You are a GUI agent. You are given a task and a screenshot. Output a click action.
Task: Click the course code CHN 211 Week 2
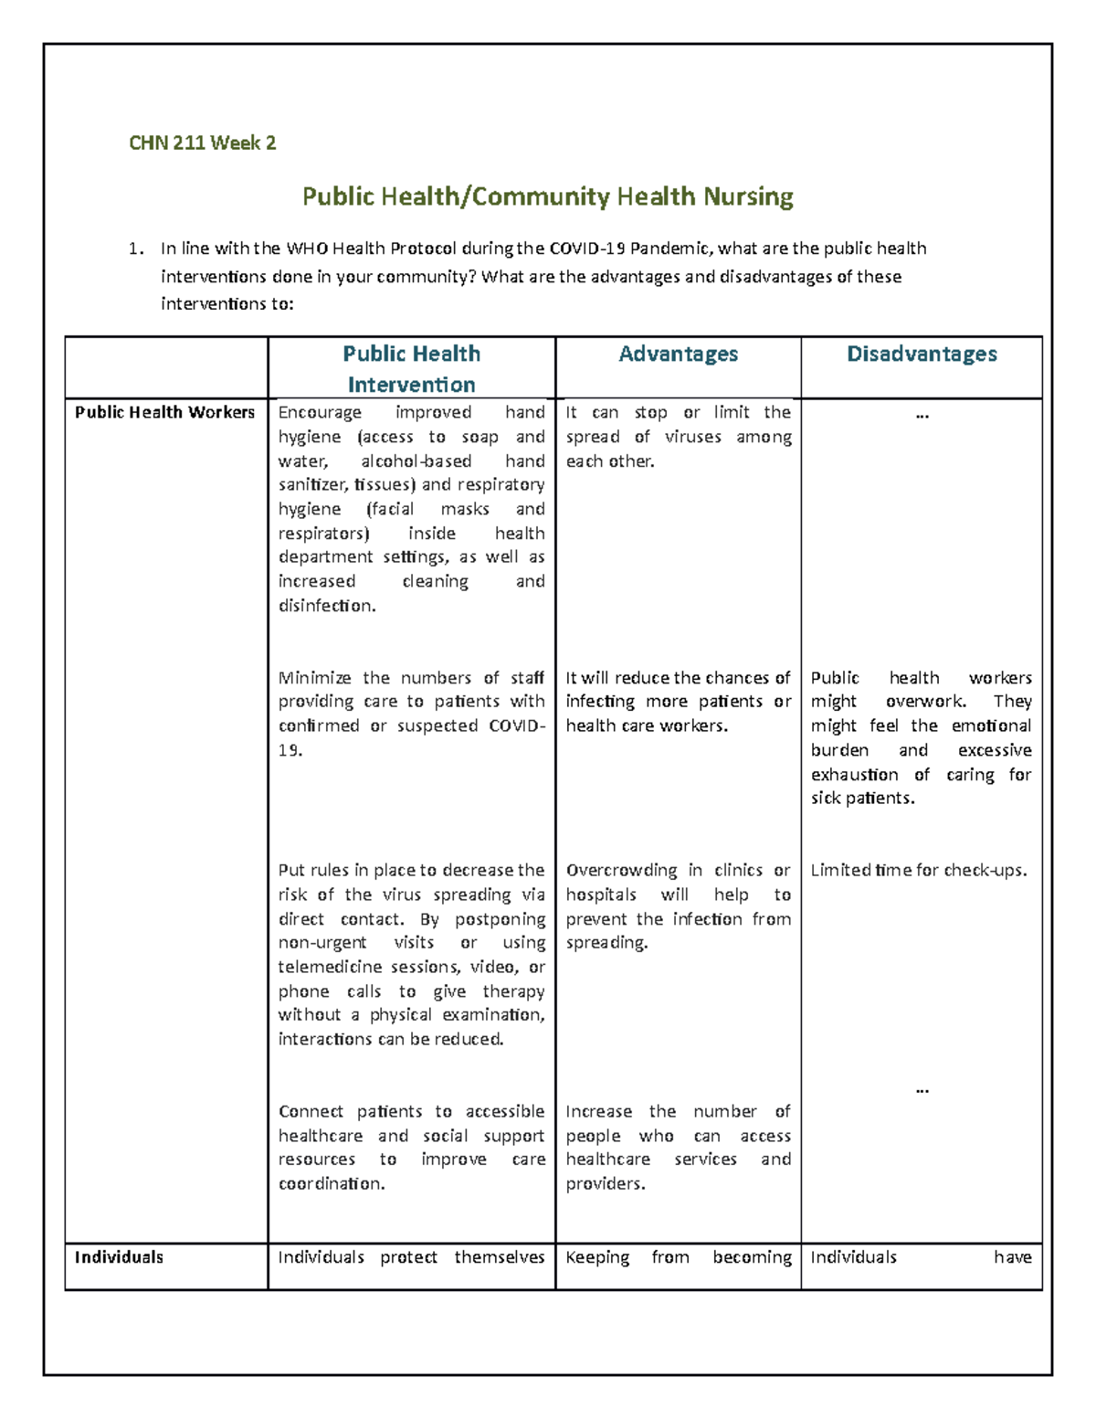pyautogui.click(x=202, y=143)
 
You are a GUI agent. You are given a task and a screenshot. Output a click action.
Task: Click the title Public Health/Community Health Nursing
pyautogui.click(x=548, y=196)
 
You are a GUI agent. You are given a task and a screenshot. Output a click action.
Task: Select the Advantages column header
pyautogui.click(x=678, y=355)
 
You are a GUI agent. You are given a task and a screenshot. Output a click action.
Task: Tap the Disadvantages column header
pyautogui.click(x=922, y=355)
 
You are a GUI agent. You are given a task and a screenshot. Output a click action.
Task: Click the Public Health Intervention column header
pyautogui.click(x=411, y=368)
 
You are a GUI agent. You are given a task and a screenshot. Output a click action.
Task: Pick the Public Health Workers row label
pyautogui.click(x=164, y=412)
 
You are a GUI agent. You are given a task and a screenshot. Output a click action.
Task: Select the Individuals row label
pyautogui.click(x=119, y=1257)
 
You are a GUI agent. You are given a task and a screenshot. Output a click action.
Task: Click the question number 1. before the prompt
pyautogui.click(x=136, y=249)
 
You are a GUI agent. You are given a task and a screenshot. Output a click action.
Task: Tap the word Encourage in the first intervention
pyautogui.click(x=320, y=412)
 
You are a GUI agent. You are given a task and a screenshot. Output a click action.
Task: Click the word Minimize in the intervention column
pyautogui.click(x=314, y=678)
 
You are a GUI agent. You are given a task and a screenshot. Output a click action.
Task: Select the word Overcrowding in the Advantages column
pyautogui.click(x=621, y=870)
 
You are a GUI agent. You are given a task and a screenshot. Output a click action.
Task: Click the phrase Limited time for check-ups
pyautogui.click(x=918, y=870)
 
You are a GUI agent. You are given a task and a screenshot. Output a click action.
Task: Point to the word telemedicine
pyautogui.click(x=330, y=967)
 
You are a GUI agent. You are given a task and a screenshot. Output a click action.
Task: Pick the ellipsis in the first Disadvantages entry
pyautogui.click(x=922, y=415)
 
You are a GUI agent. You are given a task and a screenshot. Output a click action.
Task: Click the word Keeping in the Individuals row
pyautogui.click(x=597, y=1257)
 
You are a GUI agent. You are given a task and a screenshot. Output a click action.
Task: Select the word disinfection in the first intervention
pyautogui.click(x=326, y=605)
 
